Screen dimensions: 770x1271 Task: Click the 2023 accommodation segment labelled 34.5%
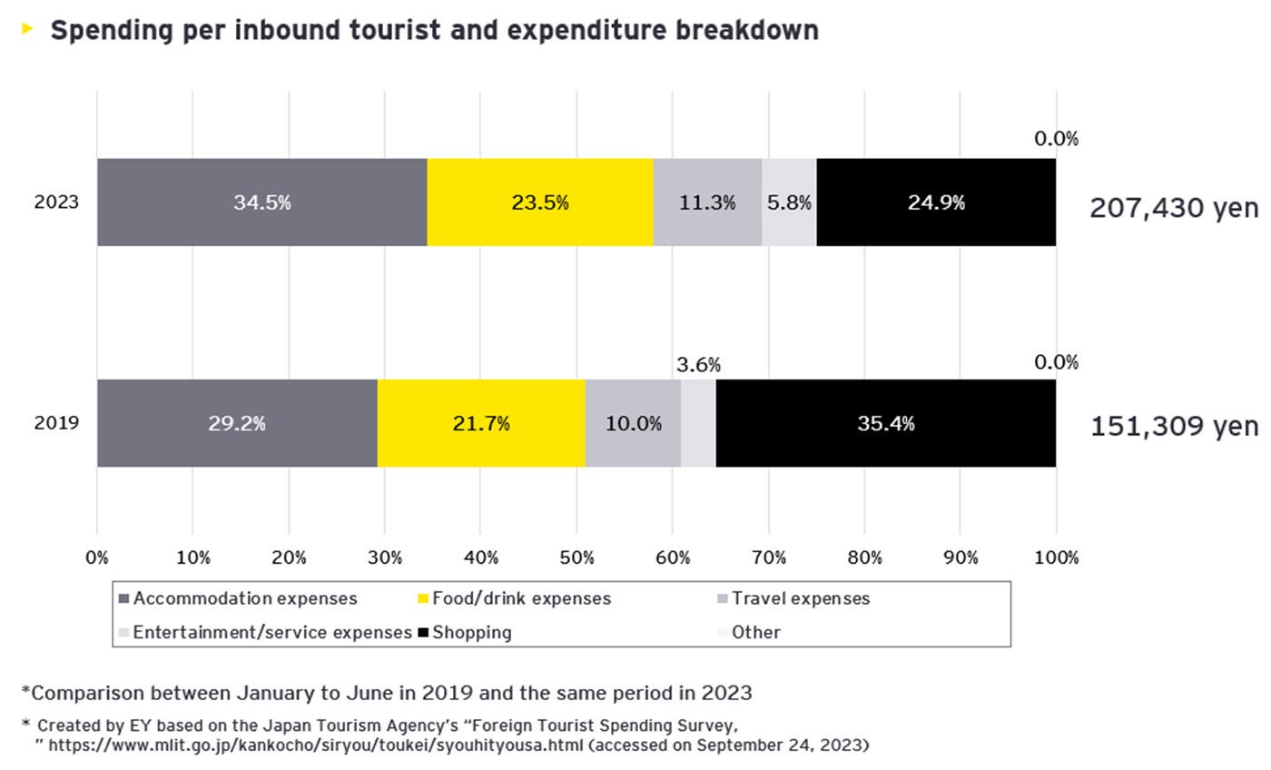point(261,202)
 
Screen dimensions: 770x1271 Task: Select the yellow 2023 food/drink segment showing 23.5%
point(539,202)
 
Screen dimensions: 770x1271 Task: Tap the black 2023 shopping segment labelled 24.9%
point(936,202)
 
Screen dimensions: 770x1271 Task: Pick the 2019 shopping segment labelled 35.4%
point(885,423)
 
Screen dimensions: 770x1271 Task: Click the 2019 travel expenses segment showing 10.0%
point(633,423)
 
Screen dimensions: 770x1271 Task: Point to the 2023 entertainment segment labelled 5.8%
point(789,202)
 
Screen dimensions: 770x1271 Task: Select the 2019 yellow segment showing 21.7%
point(480,423)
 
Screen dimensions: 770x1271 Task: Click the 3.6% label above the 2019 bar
point(698,365)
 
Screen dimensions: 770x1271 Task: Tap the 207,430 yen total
point(1174,208)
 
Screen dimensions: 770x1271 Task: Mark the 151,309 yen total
point(1174,426)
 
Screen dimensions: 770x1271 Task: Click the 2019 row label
point(56,423)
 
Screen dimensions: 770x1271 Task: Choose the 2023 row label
point(56,202)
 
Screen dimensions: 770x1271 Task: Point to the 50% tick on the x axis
point(576,558)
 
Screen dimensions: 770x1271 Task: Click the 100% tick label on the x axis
point(1056,558)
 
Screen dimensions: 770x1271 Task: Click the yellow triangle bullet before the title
point(27,29)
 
